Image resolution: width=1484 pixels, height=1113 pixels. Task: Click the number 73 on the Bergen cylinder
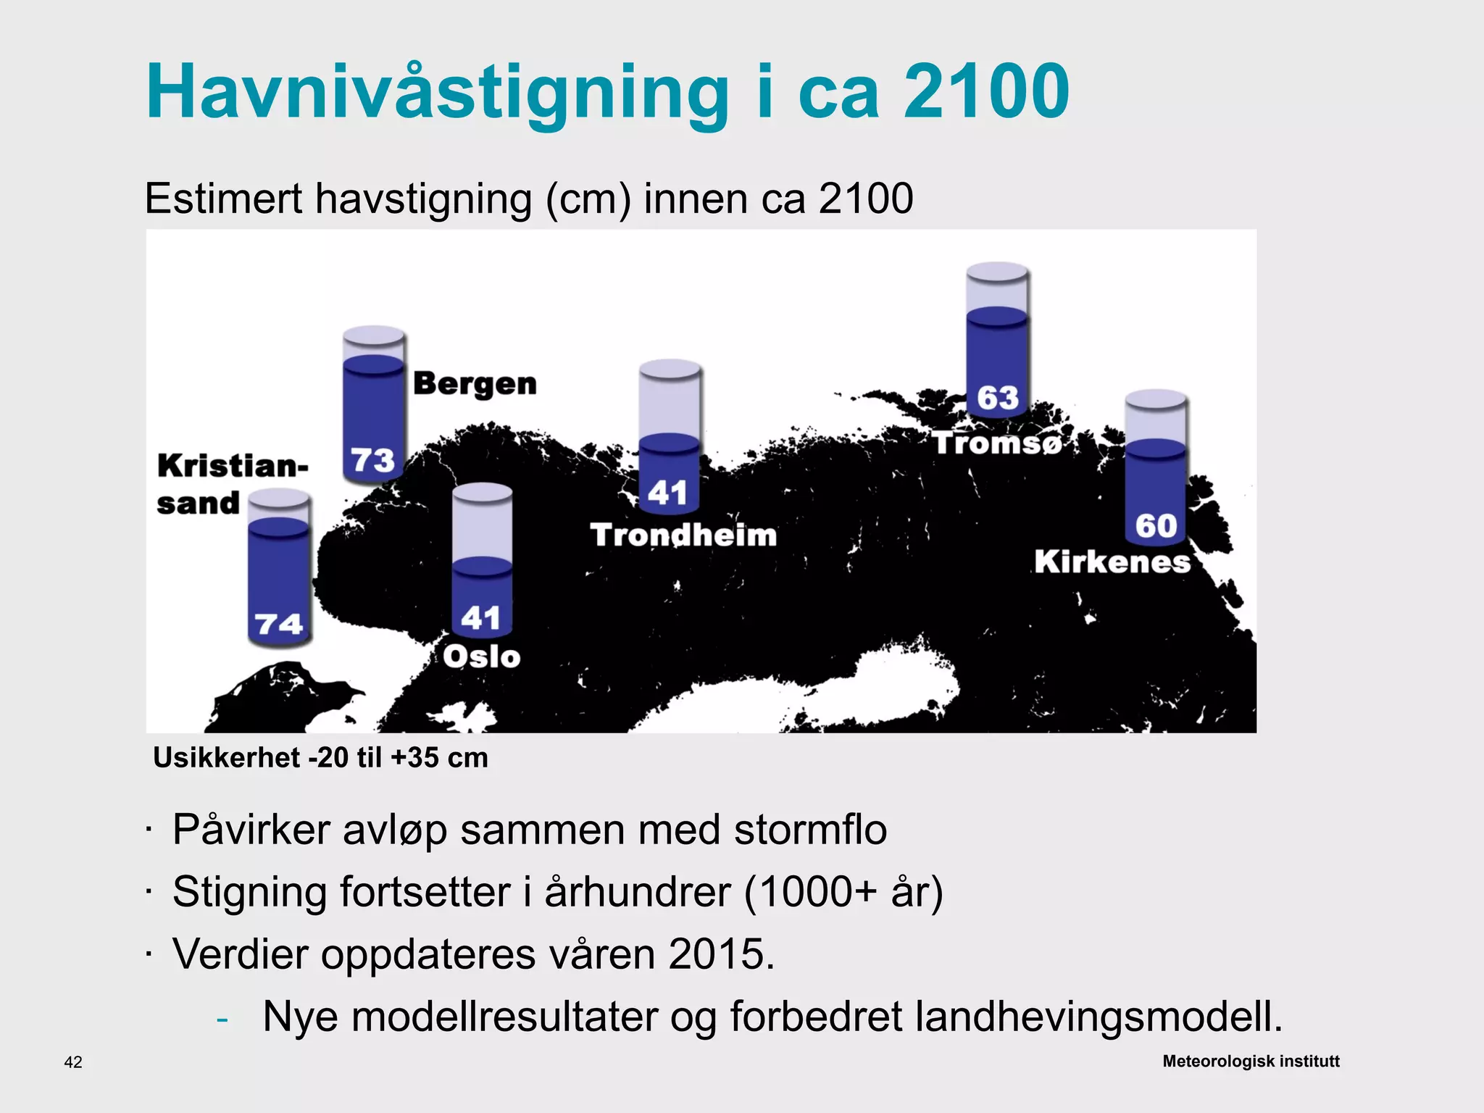pos(372,460)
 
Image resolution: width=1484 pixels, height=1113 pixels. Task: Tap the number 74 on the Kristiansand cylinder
pos(279,624)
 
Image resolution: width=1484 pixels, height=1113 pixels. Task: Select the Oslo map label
pos(482,656)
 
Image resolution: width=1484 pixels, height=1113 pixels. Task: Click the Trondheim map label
pos(683,535)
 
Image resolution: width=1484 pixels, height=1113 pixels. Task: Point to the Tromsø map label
pos(997,443)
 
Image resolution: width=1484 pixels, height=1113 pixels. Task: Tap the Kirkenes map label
pos(1112,562)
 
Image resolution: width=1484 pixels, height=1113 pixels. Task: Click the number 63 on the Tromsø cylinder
pos(997,398)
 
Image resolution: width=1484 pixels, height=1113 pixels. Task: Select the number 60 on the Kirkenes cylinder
pos(1156,526)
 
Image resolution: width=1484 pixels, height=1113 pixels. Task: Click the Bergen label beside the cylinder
pos(475,383)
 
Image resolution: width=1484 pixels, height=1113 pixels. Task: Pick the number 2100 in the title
pos(986,92)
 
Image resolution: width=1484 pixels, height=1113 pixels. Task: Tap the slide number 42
pos(73,1062)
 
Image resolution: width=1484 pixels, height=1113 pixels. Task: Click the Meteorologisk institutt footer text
pos(1251,1061)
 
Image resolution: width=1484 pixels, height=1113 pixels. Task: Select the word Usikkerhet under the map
pos(226,758)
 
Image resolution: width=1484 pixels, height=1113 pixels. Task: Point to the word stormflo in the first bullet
pos(810,830)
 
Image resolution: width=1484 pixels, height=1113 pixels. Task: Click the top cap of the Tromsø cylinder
pos(997,272)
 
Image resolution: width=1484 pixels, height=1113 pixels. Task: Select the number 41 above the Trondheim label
pos(667,493)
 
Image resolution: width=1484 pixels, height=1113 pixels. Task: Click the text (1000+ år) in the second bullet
pos(843,891)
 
